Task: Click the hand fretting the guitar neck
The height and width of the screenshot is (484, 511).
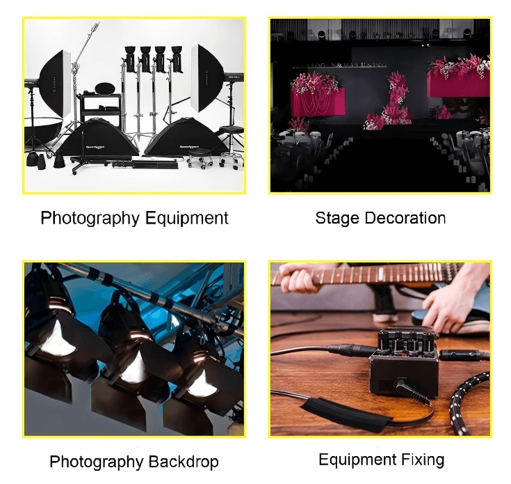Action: (x=299, y=279)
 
